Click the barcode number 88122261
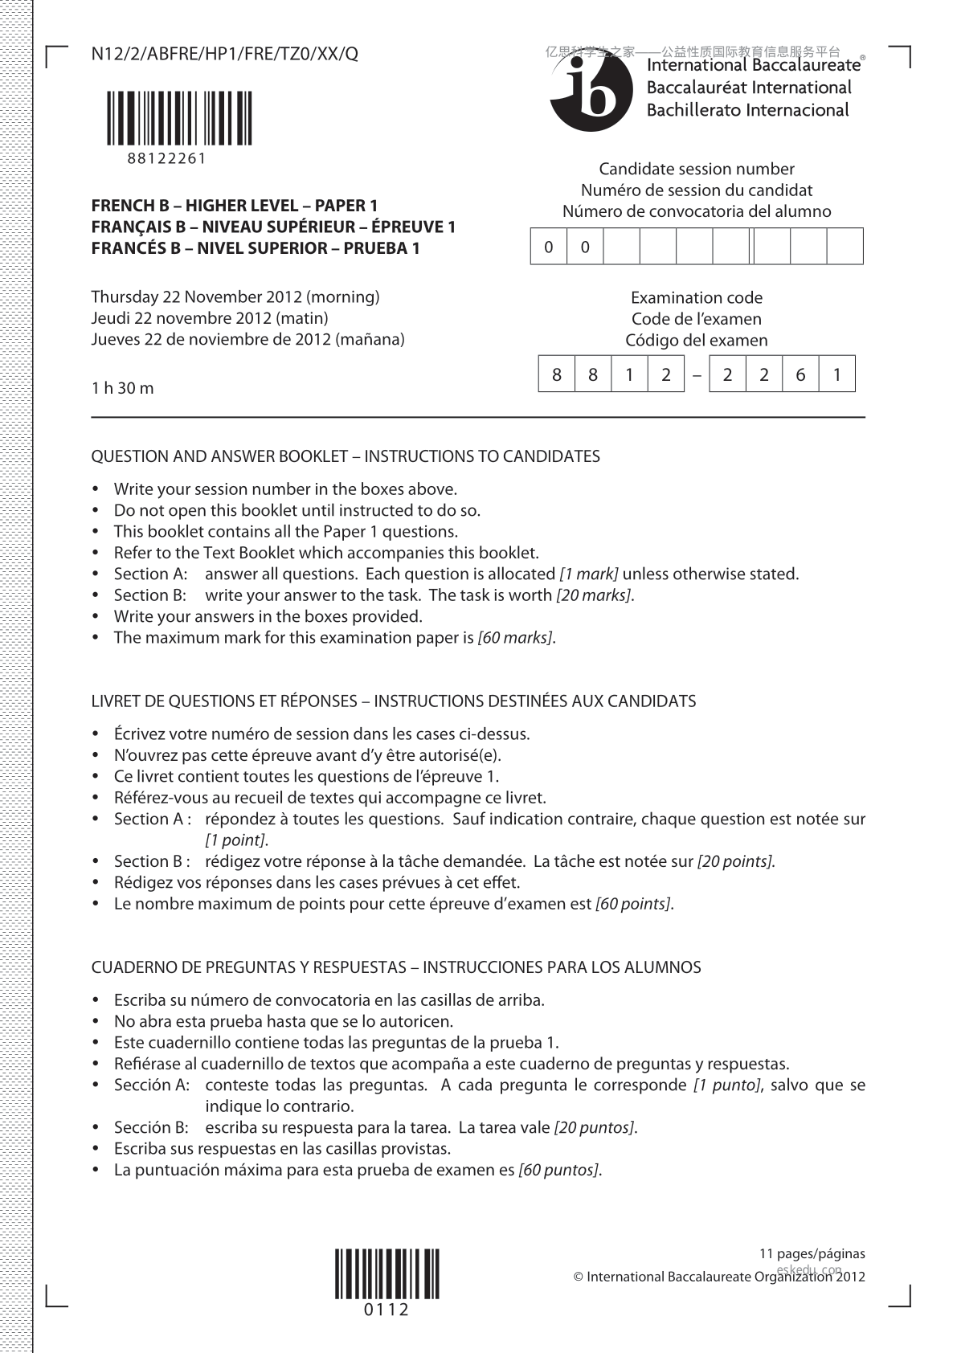coord(166,158)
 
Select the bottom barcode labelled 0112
coord(386,1273)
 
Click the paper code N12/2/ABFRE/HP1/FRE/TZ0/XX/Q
coord(225,54)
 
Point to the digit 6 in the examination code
coord(800,374)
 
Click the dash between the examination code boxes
coord(697,375)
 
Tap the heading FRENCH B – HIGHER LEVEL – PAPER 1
coord(234,206)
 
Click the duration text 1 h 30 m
coord(122,388)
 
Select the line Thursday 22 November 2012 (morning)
coord(235,297)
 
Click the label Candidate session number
coord(696,169)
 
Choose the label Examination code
coord(696,298)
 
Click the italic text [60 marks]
coord(515,638)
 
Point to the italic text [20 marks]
coord(594,595)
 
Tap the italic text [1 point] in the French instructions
coord(235,840)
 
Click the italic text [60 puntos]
coord(558,1170)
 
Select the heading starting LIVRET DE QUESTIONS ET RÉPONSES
coord(393,701)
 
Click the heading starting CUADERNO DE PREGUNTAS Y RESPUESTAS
coord(395,967)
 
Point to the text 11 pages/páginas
coord(812,1253)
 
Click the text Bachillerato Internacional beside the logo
coord(747,111)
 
